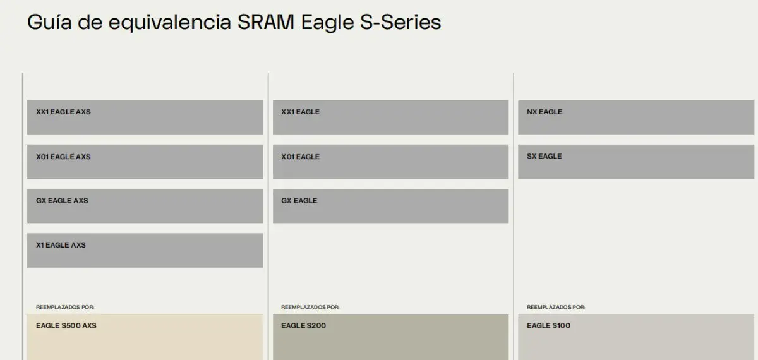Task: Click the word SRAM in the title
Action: [259, 22]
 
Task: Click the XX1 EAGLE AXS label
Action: [63, 112]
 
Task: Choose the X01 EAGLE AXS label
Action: [63, 157]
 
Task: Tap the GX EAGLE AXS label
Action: [62, 201]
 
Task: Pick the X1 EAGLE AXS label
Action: [61, 245]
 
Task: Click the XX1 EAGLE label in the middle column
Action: [300, 112]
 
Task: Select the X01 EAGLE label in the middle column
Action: [300, 157]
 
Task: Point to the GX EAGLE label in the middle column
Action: [299, 201]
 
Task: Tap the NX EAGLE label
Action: [544, 112]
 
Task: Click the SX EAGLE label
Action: [544, 157]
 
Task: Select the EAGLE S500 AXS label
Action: [66, 326]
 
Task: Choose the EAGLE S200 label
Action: [303, 326]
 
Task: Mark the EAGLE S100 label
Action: [548, 326]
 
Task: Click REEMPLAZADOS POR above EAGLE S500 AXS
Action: [65, 307]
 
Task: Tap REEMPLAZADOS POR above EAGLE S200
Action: [310, 307]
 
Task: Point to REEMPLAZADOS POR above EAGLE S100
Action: [556, 307]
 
